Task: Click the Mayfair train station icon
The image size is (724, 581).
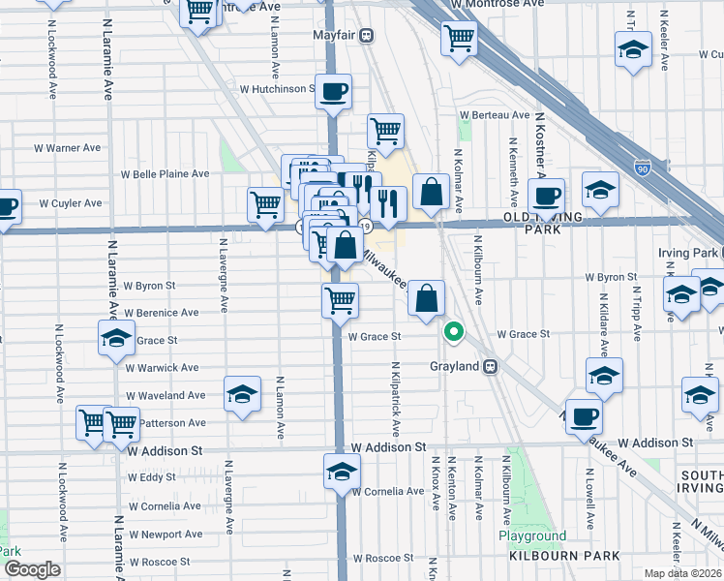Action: (x=366, y=36)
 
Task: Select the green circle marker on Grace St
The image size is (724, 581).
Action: (x=452, y=332)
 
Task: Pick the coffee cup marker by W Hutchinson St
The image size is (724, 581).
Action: (x=333, y=92)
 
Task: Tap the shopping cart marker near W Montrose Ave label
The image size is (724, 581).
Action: (x=459, y=39)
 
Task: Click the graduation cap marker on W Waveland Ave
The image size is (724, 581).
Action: (x=242, y=394)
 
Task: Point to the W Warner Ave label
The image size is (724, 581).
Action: (x=67, y=148)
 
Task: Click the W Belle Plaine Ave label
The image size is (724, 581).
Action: (x=165, y=174)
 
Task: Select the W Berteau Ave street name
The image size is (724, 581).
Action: (x=493, y=114)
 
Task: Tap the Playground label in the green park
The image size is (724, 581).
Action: (x=531, y=535)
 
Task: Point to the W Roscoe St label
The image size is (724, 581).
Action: (x=382, y=559)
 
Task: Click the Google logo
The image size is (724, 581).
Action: (x=31, y=569)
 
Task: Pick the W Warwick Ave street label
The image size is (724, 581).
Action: (x=163, y=368)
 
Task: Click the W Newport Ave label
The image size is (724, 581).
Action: (x=165, y=534)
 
